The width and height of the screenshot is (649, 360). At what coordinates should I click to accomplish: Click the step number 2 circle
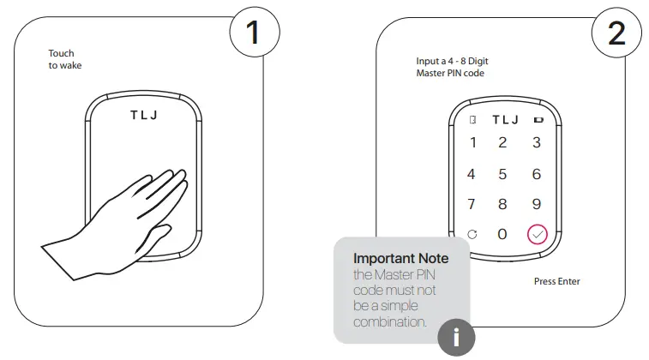[x=615, y=33]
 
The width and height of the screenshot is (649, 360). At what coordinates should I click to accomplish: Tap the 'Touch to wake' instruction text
[x=65, y=59]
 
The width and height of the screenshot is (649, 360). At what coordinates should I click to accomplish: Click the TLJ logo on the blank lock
[x=144, y=115]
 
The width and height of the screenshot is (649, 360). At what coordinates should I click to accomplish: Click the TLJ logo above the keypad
[x=506, y=120]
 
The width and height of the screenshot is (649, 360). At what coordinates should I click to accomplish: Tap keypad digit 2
[x=503, y=143]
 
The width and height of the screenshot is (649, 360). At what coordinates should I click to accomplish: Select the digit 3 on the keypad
[x=537, y=143]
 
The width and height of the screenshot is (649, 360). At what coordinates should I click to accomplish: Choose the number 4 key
[x=471, y=174]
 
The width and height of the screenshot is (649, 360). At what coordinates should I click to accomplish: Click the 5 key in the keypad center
[x=503, y=174]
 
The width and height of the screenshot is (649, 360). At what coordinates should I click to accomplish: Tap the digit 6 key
[x=537, y=174]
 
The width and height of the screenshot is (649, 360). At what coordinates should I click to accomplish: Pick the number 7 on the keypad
[x=471, y=204]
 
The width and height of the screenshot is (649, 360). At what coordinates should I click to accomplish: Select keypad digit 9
[x=537, y=204]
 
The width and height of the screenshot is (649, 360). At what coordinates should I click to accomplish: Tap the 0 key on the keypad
[x=503, y=234]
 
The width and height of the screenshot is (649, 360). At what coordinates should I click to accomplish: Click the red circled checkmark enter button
[x=537, y=234]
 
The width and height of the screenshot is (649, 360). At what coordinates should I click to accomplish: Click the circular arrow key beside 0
[x=472, y=234]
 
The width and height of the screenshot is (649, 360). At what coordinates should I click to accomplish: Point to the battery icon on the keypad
[x=538, y=120]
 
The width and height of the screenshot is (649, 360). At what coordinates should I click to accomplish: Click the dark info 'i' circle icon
[x=456, y=338]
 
